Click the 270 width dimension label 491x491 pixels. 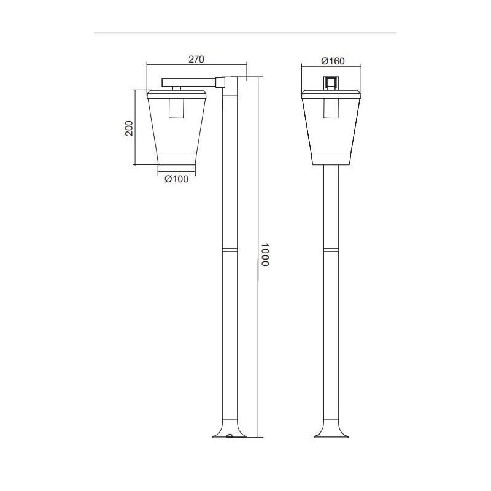pos(195,60)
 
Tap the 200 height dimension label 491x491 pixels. pos(129,128)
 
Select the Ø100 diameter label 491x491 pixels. pos(177,179)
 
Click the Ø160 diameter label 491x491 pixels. pos(333,61)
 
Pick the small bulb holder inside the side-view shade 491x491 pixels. pos(177,107)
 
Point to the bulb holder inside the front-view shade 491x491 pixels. pos(331,107)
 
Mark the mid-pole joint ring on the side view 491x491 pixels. pos(229,250)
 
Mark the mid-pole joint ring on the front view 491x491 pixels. pos(331,250)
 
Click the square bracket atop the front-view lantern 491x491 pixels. pos(331,83)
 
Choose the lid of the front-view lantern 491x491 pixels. pos(331,94)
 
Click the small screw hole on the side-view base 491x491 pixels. pos(229,437)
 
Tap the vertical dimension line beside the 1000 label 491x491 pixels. pos(258,338)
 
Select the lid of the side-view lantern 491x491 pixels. pos(177,94)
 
